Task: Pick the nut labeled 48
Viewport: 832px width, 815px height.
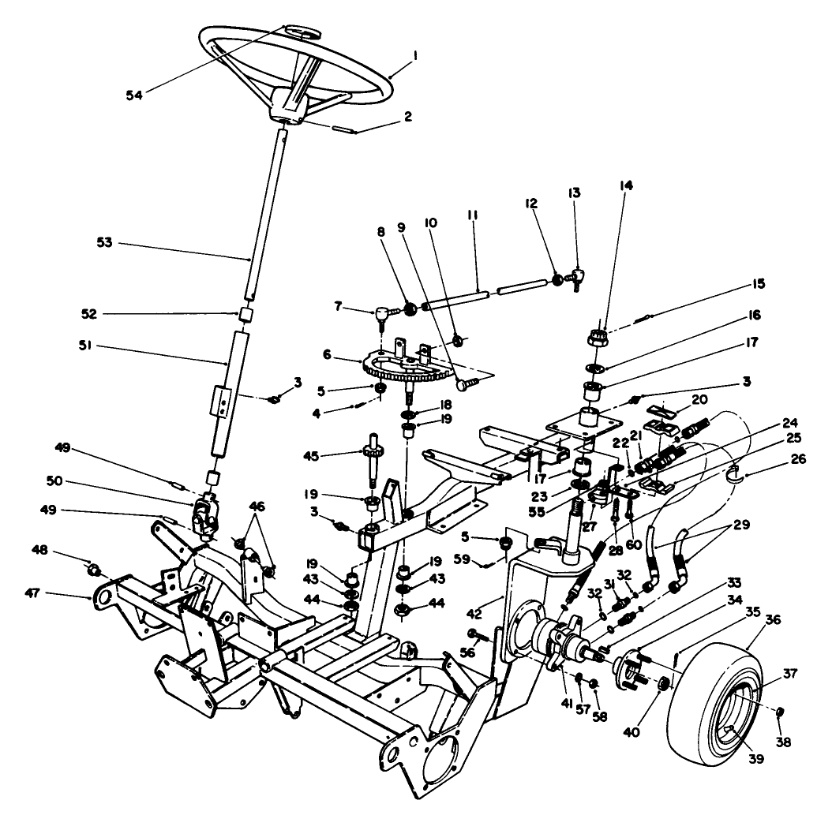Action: coord(93,569)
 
